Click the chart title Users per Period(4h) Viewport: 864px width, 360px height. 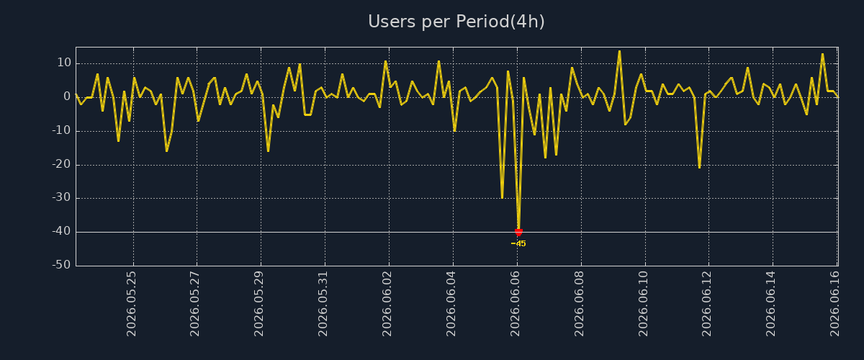(456, 22)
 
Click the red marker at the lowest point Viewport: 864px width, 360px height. (519, 232)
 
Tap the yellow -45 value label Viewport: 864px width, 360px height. (518, 244)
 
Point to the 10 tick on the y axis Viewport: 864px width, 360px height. (64, 63)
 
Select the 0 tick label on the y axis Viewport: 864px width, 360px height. (67, 96)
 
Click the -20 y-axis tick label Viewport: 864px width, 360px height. (61, 164)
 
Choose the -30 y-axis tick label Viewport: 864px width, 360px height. (61, 197)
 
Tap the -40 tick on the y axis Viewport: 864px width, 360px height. (61, 232)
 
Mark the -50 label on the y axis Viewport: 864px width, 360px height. (61, 265)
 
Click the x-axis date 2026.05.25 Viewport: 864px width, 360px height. (131, 304)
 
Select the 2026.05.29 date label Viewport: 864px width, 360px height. (258, 304)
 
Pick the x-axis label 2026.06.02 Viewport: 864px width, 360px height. (387, 304)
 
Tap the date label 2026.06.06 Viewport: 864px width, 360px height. (515, 304)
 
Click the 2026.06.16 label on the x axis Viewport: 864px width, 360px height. (834, 304)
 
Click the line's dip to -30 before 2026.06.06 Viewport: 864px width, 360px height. (502, 198)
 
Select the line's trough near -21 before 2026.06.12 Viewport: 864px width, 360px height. (699, 168)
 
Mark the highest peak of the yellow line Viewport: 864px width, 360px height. (619, 51)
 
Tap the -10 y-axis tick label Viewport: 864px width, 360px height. (61, 130)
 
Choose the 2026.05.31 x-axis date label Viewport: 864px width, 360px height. (323, 304)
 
